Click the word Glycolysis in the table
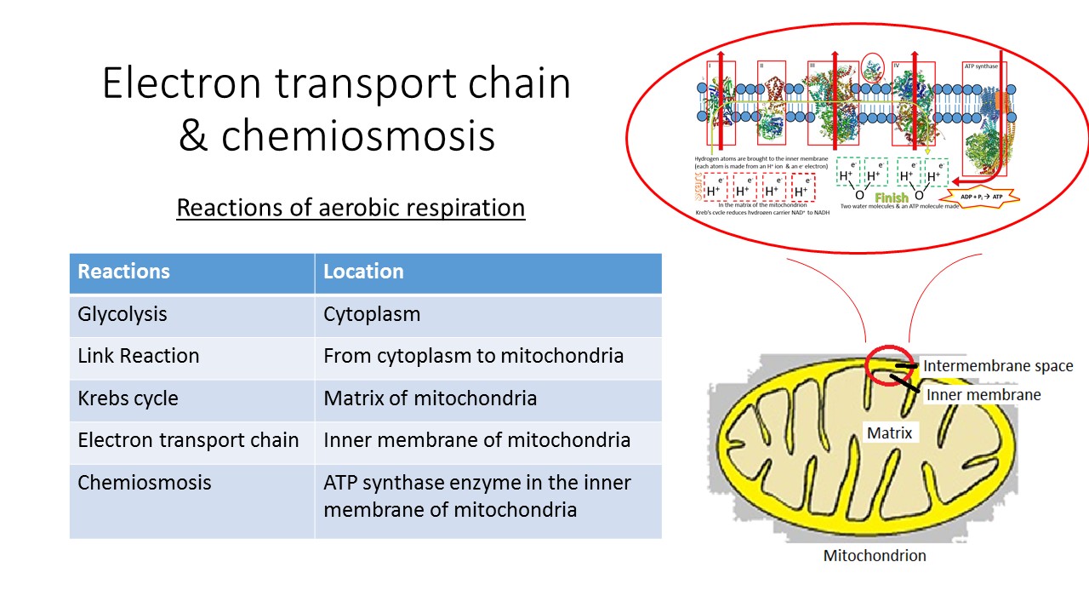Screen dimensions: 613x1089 click(x=123, y=314)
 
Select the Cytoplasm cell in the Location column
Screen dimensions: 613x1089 click(x=372, y=314)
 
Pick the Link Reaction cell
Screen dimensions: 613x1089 click(x=139, y=356)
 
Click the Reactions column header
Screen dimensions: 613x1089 click(x=124, y=272)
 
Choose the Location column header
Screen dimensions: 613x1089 click(x=363, y=272)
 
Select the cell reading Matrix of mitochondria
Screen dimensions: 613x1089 click(x=430, y=398)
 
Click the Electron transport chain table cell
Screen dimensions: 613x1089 click(x=188, y=440)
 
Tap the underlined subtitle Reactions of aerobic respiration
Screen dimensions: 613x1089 click(x=351, y=208)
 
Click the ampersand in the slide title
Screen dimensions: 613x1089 click(x=193, y=135)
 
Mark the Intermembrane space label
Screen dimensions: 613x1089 click(x=998, y=366)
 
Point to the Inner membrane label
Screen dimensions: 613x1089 click(x=984, y=395)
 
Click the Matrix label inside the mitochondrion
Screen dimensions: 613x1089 click(x=889, y=433)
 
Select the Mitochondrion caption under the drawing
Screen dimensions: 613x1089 click(x=875, y=556)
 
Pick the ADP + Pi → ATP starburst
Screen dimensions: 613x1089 click(x=983, y=196)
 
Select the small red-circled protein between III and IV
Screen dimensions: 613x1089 click(x=872, y=69)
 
